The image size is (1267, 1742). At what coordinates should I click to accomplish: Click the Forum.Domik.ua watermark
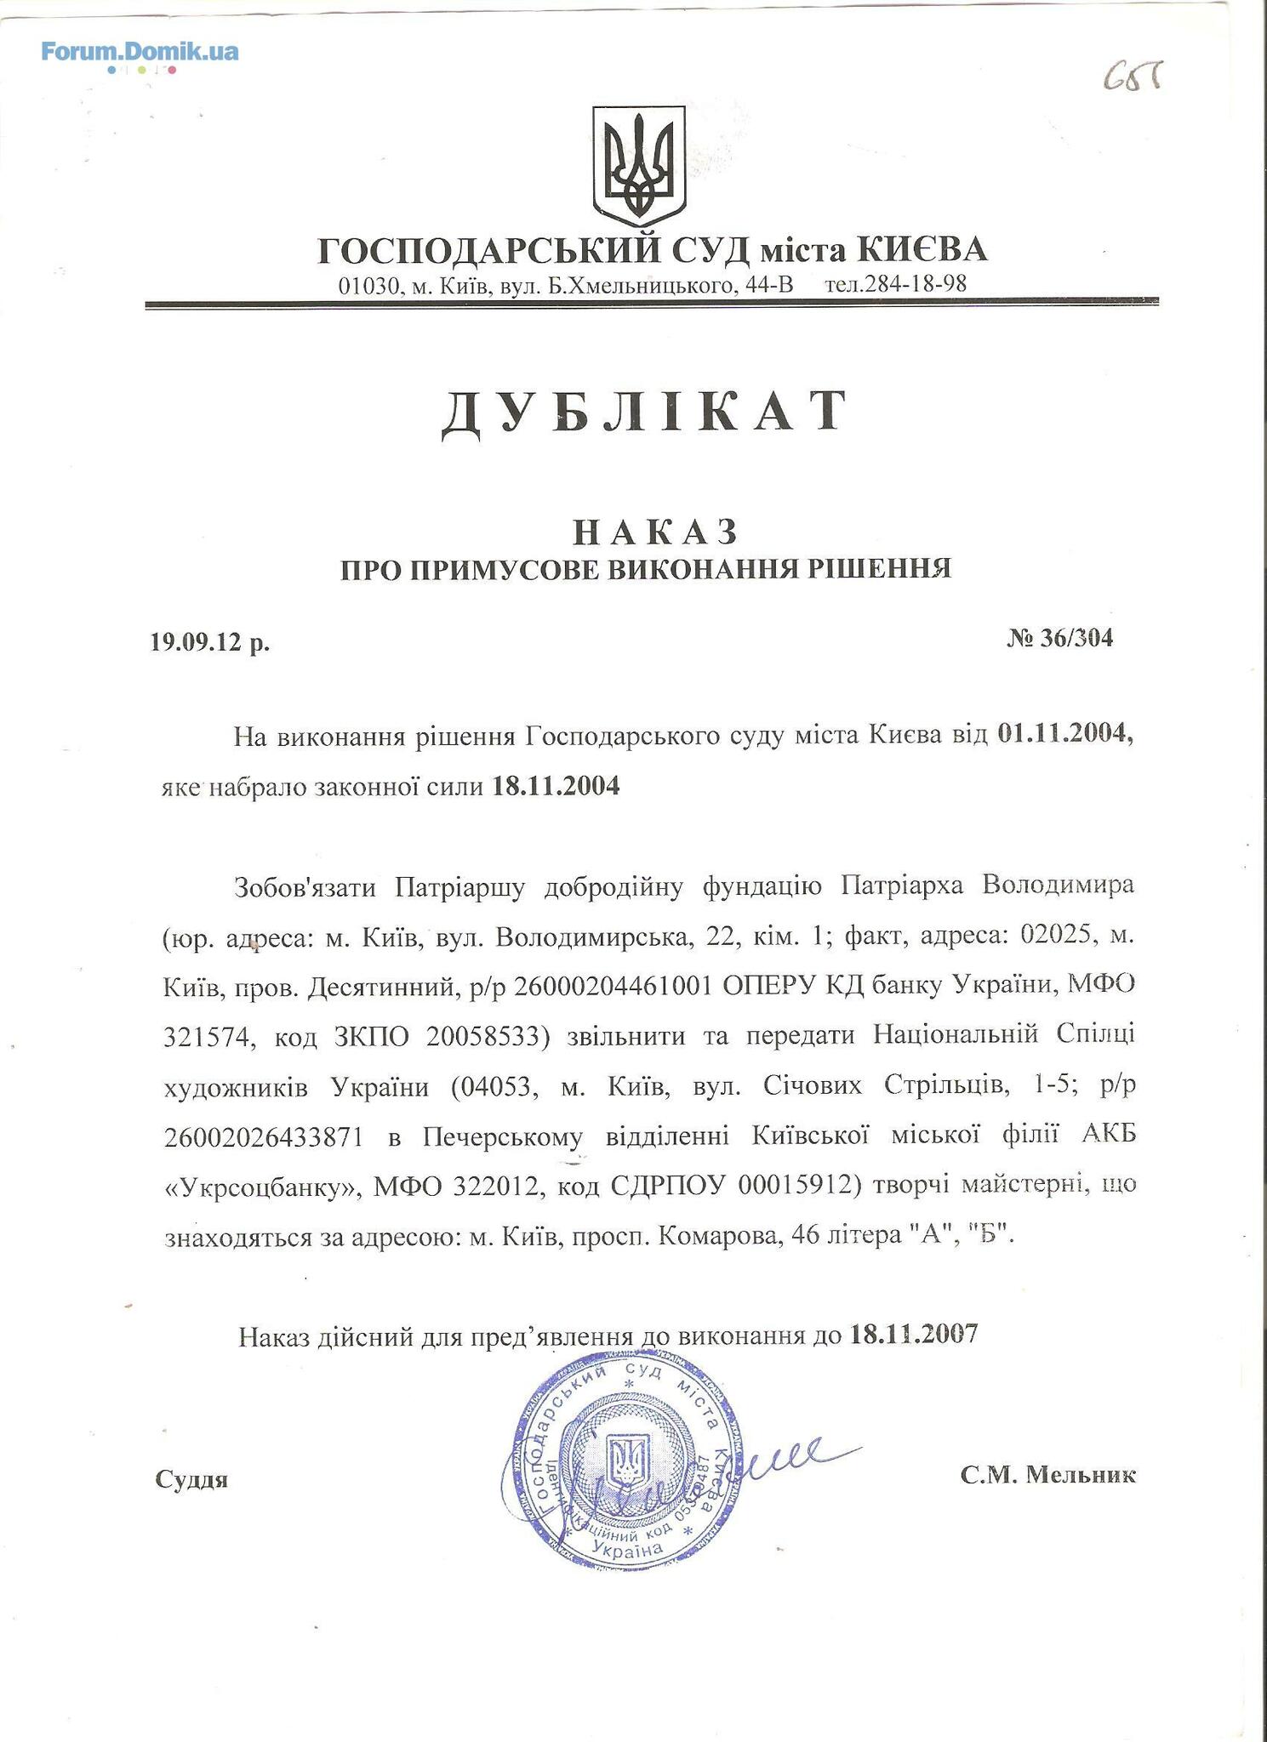pos(140,53)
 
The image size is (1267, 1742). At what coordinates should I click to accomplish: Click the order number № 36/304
pos(1059,638)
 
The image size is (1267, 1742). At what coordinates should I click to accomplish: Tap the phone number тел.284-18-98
pos(895,284)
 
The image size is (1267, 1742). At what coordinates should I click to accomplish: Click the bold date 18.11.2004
pos(556,786)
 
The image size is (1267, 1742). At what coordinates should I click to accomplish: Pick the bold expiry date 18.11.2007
pos(913,1333)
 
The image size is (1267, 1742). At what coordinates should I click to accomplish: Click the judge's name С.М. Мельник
pos(1047,1474)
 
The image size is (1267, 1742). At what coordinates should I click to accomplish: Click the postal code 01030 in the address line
pos(368,285)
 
